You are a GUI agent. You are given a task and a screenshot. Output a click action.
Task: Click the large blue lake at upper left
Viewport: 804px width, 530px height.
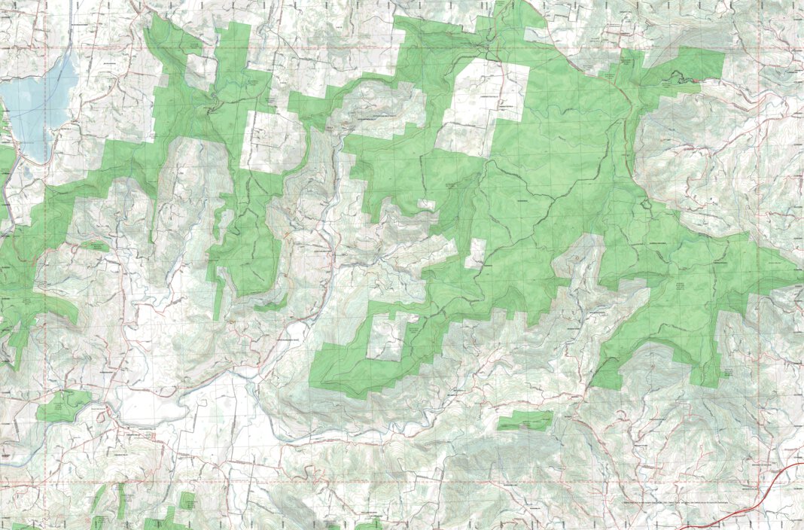click(x=34, y=105)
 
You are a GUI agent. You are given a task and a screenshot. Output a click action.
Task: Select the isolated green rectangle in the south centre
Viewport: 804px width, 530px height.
click(x=524, y=420)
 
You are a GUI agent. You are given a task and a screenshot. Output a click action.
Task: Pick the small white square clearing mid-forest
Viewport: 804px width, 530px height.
click(x=476, y=254)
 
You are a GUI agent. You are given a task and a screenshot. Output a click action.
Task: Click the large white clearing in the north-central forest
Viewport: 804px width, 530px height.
click(x=482, y=105)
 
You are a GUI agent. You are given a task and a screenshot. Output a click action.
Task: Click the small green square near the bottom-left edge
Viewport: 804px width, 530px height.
click(x=187, y=500)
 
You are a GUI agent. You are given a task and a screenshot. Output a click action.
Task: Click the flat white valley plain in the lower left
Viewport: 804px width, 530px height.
click(x=151, y=407)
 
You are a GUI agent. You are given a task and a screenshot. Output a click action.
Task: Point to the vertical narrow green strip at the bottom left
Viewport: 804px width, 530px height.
click(x=120, y=501)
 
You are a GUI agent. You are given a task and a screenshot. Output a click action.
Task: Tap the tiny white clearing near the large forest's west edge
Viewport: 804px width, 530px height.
click(x=426, y=204)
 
